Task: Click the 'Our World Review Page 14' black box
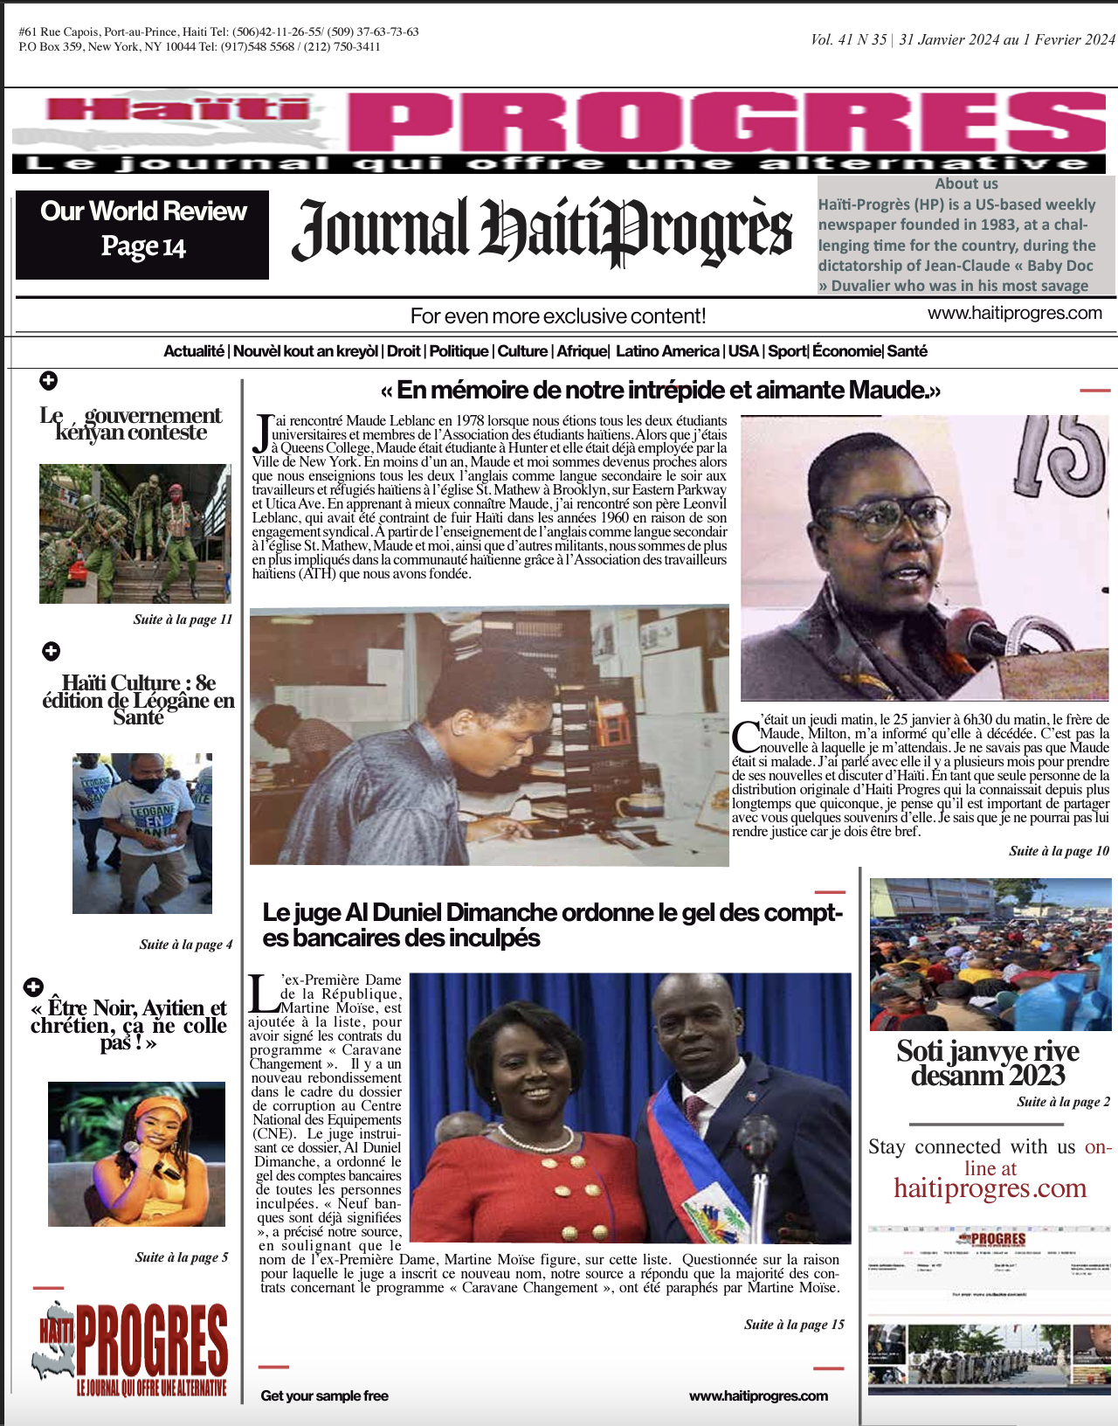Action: (x=142, y=234)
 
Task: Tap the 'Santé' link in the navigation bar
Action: (x=908, y=351)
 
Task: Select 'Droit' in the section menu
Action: (x=404, y=351)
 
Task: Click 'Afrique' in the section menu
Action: (x=582, y=351)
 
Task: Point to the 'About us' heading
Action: (x=966, y=183)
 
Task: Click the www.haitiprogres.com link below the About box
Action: (x=1014, y=313)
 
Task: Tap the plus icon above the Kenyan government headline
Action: (x=49, y=380)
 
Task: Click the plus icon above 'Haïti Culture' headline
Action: (x=52, y=651)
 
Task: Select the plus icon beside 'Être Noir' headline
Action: (x=33, y=986)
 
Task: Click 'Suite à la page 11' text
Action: (x=183, y=620)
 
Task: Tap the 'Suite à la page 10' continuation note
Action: (x=1059, y=851)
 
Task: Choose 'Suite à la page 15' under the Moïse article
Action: (x=794, y=1325)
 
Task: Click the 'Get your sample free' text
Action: (x=324, y=1396)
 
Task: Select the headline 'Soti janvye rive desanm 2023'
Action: (x=988, y=1063)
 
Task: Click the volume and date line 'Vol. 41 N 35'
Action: (x=963, y=39)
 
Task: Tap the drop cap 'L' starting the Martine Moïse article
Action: (x=262, y=991)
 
